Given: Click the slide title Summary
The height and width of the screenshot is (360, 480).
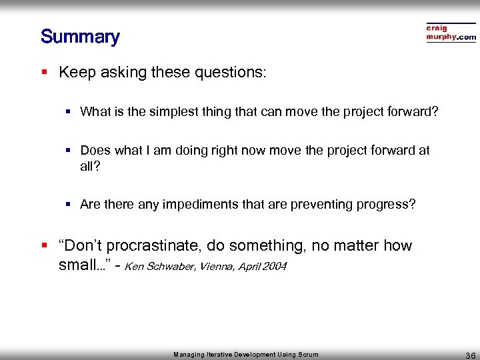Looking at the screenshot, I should pos(79,36).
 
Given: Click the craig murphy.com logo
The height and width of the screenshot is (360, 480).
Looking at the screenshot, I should pos(451,33).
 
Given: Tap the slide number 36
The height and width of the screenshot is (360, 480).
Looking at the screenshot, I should pos(469,355).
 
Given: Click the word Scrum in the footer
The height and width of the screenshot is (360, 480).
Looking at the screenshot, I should pos(308,355).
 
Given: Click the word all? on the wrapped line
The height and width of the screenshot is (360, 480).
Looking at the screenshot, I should pos(89,165).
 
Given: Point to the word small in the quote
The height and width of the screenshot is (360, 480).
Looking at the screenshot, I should pos(77,265).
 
